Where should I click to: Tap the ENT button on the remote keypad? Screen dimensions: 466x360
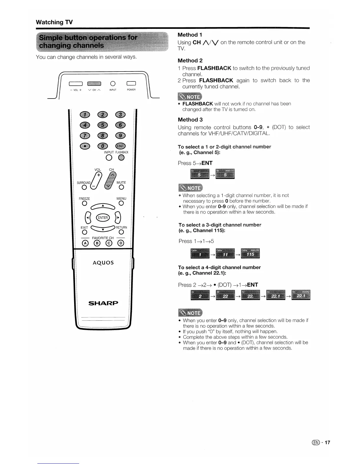(121, 146)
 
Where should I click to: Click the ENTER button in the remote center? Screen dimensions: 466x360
(103, 218)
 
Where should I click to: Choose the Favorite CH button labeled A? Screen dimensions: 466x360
(85, 243)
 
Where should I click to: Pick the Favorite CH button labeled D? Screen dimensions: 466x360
(121, 243)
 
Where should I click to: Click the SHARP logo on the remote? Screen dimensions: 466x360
(103, 303)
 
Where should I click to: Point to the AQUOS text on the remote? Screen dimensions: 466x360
(103, 263)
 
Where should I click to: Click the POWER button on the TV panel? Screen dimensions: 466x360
(131, 83)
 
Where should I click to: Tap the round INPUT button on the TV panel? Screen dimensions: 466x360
(113, 83)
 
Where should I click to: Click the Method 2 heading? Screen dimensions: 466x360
(190, 61)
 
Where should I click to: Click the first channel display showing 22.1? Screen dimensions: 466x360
(276, 295)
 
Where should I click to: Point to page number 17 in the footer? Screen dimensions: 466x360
(327, 442)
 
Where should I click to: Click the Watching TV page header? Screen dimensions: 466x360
(54, 22)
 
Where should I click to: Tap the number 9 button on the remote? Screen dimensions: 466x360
(121, 136)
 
